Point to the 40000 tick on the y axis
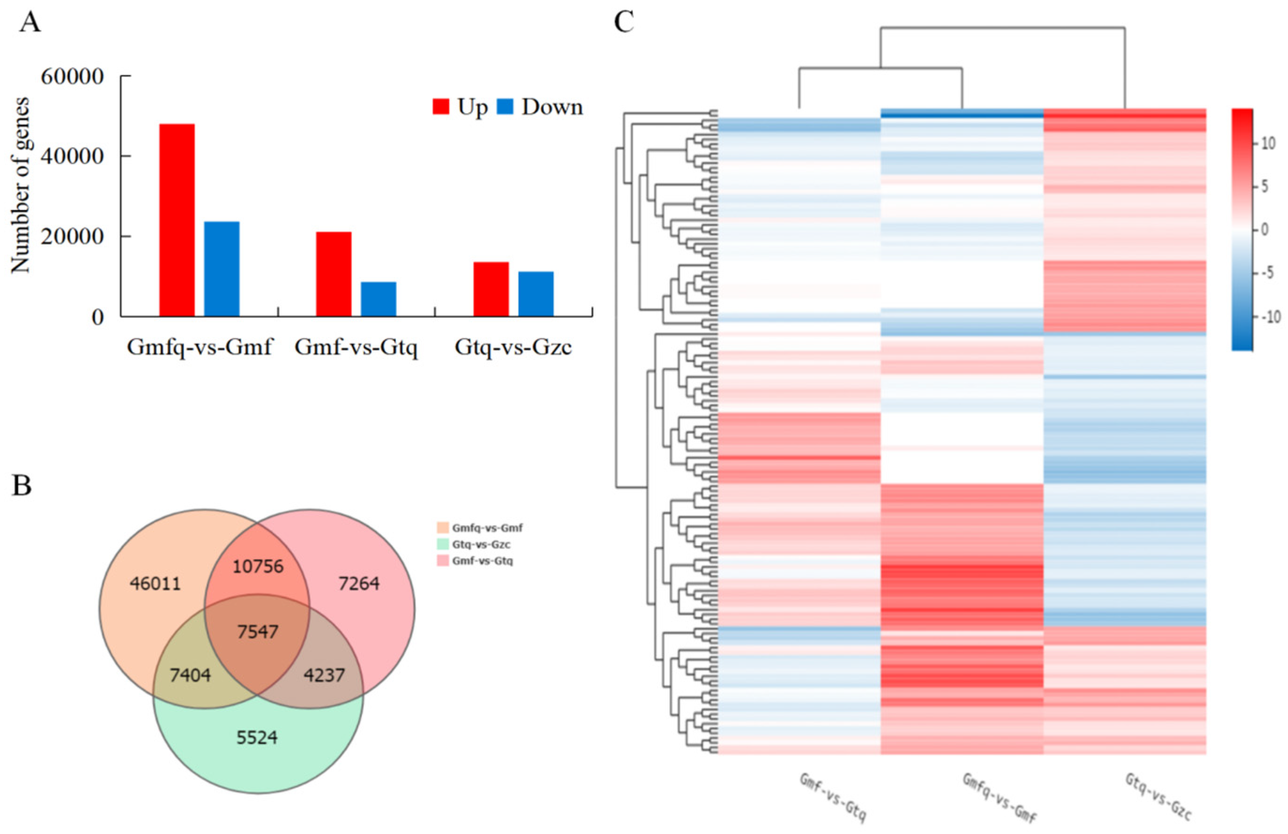[72, 156]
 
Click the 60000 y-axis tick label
[72, 77]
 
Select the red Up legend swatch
[441, 107]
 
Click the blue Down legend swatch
[504, 107]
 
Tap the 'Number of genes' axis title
[21, 185]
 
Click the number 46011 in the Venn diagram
[155, 583]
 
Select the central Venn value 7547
[258, 632]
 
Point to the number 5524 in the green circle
[257, 737]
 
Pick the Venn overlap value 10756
[258, 566]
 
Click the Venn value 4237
[324, 675]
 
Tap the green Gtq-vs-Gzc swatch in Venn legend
[442, 545]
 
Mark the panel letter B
[22, 486]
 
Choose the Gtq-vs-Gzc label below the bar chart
[513, 347]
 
